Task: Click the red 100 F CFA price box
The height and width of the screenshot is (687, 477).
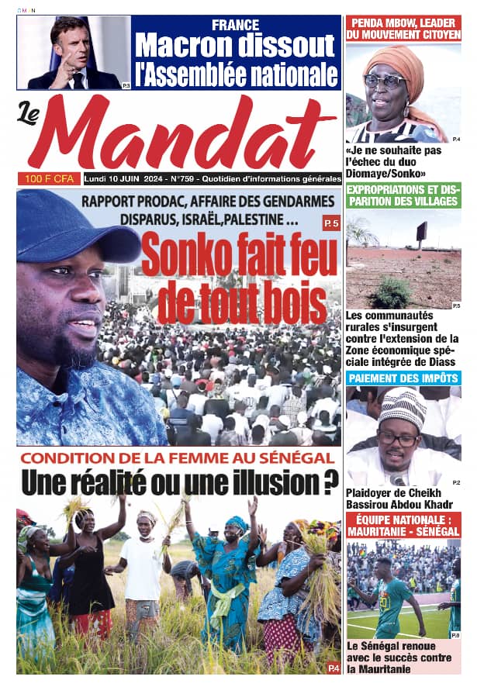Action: (48, 178)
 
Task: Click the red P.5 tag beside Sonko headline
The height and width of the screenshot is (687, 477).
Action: (331, 224)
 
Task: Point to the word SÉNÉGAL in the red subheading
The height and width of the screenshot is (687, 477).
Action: (296, 458)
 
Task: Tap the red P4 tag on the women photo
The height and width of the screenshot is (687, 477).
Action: (333, 667)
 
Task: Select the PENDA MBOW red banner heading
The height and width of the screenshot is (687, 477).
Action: (403, 29)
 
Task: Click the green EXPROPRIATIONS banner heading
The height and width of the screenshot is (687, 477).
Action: (403, 195)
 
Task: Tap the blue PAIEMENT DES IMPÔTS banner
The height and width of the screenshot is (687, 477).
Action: (403, 378)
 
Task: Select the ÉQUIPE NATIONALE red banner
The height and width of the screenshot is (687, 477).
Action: (403, 525)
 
